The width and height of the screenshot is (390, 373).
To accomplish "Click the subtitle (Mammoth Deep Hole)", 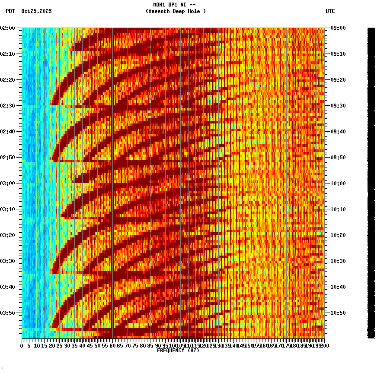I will point(176,11).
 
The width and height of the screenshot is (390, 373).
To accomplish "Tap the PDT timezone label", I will point(10,11).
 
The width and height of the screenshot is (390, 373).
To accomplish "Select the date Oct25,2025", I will point(36,11).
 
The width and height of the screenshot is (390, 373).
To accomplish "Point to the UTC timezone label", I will point(330,11).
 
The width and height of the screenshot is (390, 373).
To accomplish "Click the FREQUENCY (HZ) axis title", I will point(178,351).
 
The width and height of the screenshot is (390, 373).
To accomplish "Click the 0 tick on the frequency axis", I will point(22,345).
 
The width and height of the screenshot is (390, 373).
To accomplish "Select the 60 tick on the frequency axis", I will point(113,345).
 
